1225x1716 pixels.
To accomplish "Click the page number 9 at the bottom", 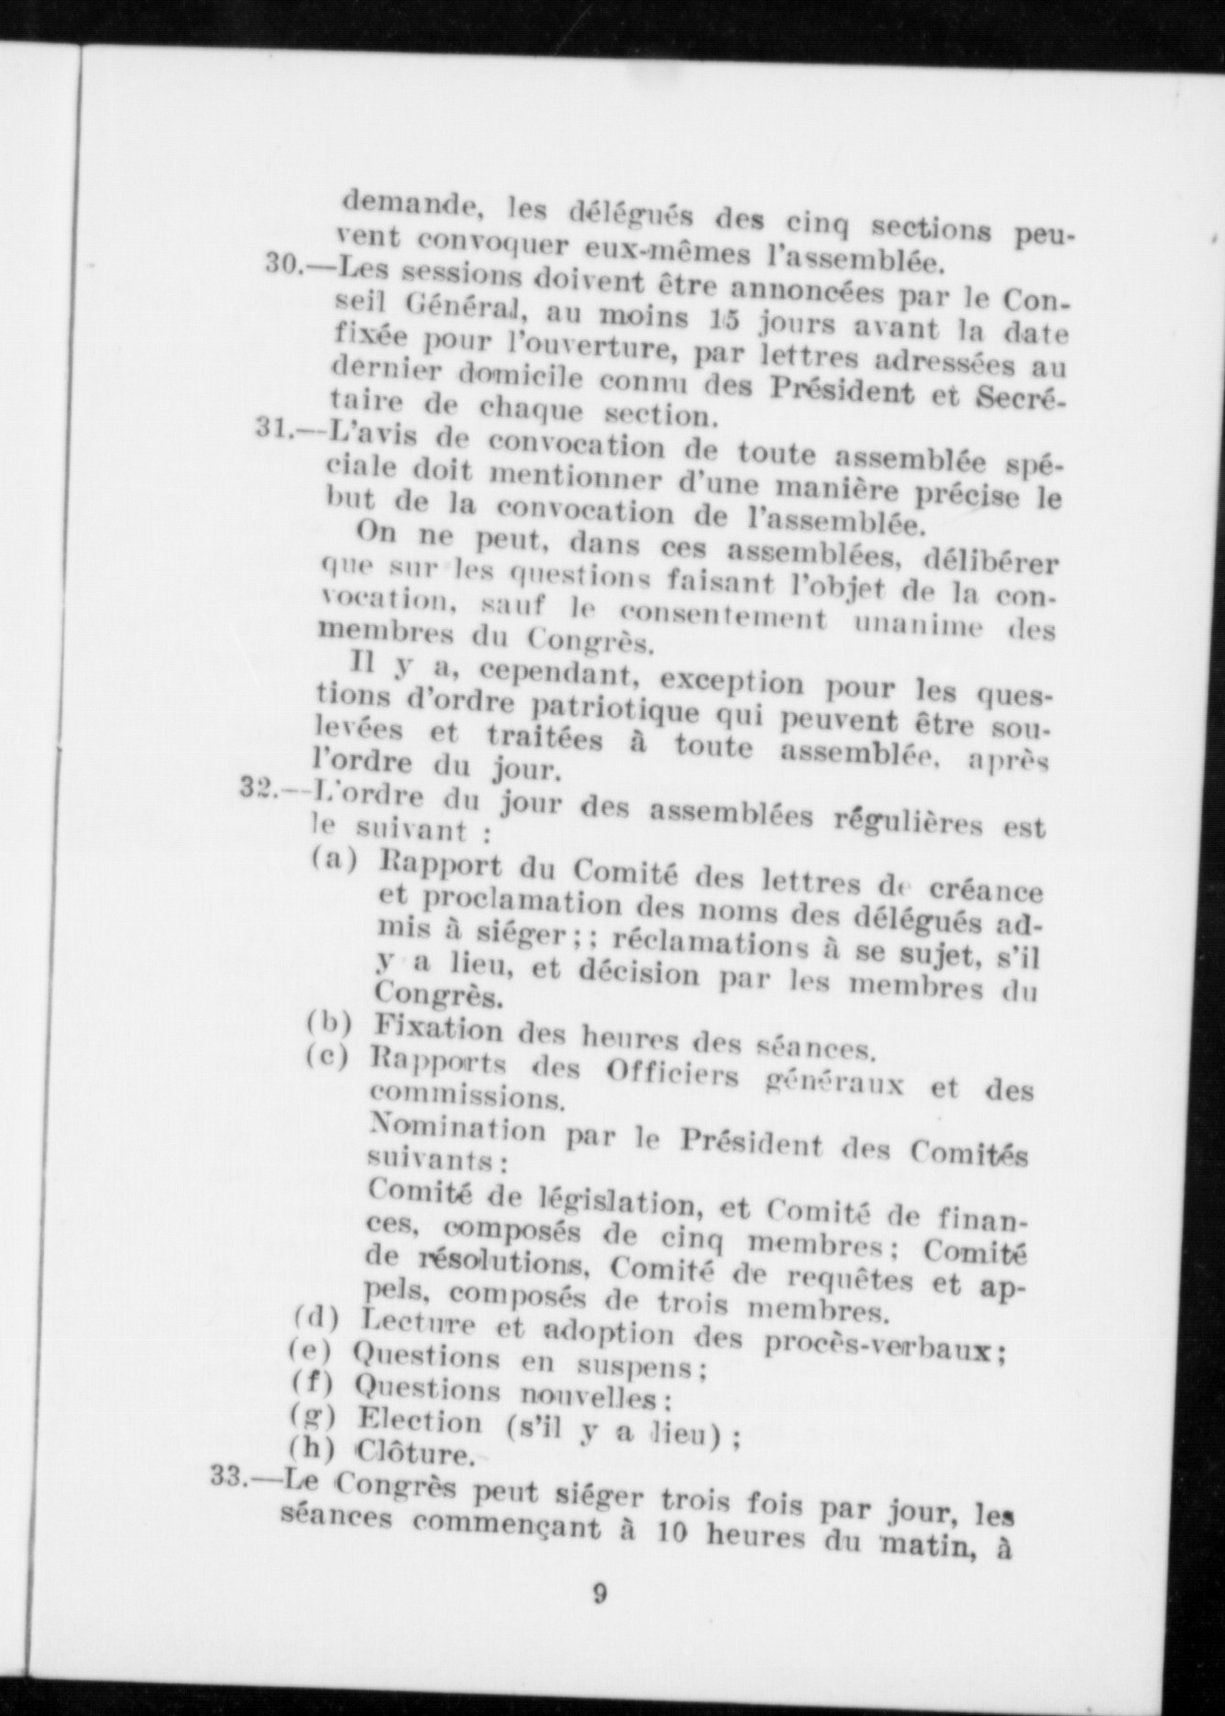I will tap(599, 1593).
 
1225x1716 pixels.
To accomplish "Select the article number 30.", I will tap(283, 264).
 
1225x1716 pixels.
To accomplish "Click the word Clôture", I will tap(414, 1454).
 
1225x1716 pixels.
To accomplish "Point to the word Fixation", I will tap(439, 1028).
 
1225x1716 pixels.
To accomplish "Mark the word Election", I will tap(419, 1422).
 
